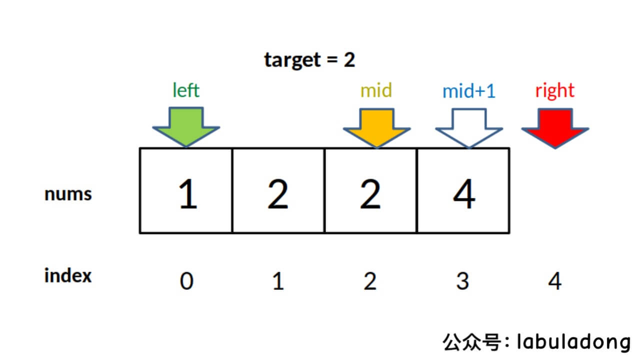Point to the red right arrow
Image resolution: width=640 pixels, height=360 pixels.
tap(555, 128)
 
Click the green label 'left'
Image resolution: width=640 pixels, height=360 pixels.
tap(185, 90)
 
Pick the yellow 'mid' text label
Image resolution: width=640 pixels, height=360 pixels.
tap(376, 90)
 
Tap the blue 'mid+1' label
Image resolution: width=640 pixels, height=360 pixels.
tap(468, 91)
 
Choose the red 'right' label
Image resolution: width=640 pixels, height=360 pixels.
tap(554, 91)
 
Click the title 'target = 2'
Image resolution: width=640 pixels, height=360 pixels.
tap(309, 60)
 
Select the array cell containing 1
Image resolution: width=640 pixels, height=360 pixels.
tap(186, 190)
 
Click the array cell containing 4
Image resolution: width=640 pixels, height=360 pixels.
tap(463, 190)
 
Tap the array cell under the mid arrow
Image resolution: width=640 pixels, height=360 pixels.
tap(370, 190)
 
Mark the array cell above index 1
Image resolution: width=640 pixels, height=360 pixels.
tap(278, 190)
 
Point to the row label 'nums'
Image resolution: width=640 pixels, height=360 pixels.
tap(68, 194)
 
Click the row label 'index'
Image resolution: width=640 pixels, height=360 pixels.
tap(68, 275)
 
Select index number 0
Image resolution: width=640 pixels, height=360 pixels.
tap(186, 282)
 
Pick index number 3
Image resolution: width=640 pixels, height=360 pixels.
tap(462, 282)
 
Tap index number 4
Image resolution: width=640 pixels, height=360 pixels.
tap(554, 282)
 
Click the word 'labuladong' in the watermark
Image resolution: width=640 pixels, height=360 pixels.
tap(573, 342)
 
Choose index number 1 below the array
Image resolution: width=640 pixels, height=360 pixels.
tap(278, 282)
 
